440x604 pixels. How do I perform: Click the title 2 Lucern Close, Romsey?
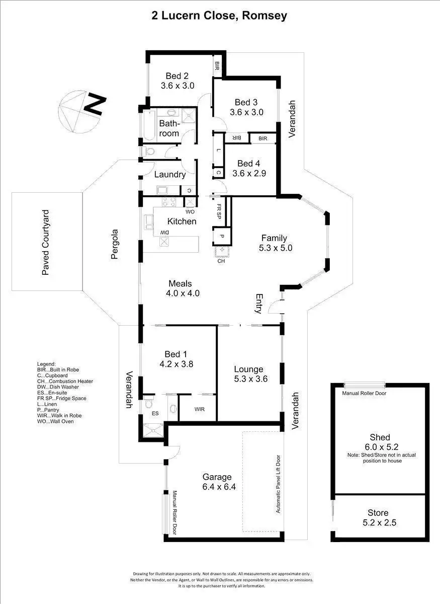pyautogui.click(x=220, y=16)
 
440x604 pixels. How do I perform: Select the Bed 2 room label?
pyautogui.click(x=178, y=76)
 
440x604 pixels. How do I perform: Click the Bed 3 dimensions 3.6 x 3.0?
pyautogui.click(x=246, y=112)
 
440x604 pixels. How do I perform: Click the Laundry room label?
pyautogui.click(x=170, y=175)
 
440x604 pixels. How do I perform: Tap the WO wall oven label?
pyautogui.click(x=191, y=212)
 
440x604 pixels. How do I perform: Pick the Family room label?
pyautogui.click(x=274, y=238)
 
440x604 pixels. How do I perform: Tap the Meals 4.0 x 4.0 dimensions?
pyautogui.click(x=184, y=293)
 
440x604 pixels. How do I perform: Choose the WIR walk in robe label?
pyautogui.click(x=199, y=409)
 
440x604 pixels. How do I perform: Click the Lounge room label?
pyautogui.click(x=248, y=369)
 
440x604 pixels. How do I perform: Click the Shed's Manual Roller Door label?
pyautogui.click(x=364, y=393)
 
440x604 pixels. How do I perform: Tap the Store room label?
pyautogui.click(x=378, y=513)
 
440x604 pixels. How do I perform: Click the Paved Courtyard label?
pyautogui.click(x=46, y=242)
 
